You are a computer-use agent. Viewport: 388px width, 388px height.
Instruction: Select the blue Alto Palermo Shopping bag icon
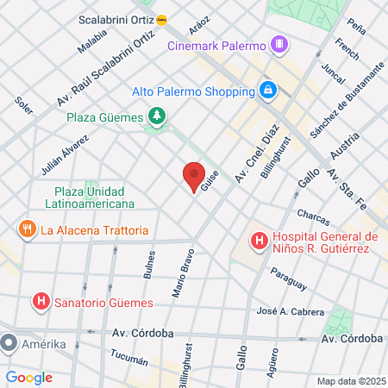268,90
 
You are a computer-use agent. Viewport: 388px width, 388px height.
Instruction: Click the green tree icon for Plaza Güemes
156,115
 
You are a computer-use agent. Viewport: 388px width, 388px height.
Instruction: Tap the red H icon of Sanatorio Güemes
39,302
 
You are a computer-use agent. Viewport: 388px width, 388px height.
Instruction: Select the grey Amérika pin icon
9,344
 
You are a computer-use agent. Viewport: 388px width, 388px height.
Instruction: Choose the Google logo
29,377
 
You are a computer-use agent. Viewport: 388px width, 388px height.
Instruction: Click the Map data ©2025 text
350,381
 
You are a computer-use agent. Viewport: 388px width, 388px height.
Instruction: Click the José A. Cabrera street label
291,311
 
